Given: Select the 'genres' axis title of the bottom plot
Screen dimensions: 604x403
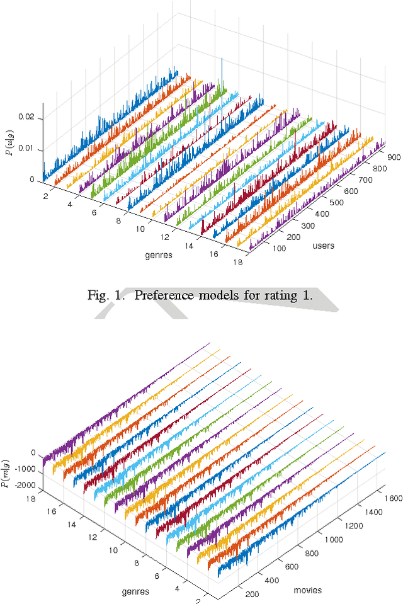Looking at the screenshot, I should [135, 591].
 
